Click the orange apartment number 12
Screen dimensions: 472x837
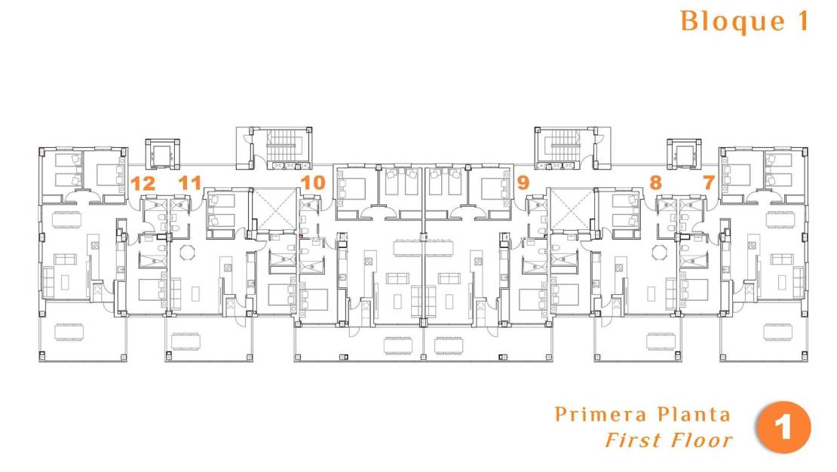click(143, 182)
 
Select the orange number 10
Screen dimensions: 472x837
click(312, 182)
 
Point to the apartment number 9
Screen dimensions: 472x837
click(523, 182)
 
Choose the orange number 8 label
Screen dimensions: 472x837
click(655, 182)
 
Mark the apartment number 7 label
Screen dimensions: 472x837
click(708, 182)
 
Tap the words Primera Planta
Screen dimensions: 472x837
click(642, 414)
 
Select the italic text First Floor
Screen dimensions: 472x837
click(668, 440)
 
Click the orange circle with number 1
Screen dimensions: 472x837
click(783, 428)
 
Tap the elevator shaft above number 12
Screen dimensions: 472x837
click(164, 155)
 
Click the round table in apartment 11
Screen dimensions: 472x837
click(185, 251)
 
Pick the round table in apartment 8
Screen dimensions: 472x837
click(659, 251)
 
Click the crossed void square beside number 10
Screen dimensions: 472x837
click(275, 208)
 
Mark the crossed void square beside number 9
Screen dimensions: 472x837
click(570, 208)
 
